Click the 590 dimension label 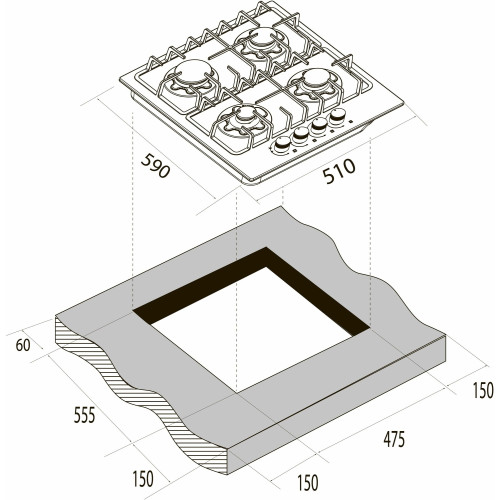[155, 166]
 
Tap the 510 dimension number [339, 171]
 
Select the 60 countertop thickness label [23, 345]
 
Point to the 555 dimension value [84, 415]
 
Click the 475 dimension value [394, 439]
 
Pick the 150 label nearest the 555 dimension [143, 478]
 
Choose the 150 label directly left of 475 [307, 482]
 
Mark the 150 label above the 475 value [483, 390]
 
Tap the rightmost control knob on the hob [338, 116]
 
